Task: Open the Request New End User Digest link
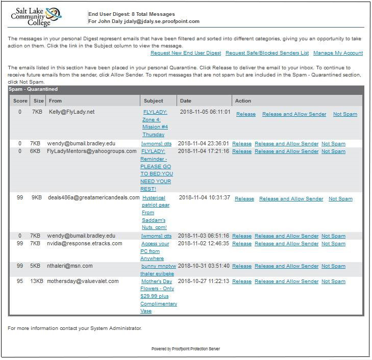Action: coord(186,53)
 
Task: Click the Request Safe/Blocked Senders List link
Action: coord(267,53)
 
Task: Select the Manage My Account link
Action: coord(338,53)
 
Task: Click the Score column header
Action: coord(20,101)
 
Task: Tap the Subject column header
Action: coord(154,101)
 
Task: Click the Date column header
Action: coord(185,101)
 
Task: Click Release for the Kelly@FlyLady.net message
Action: coord(245,114)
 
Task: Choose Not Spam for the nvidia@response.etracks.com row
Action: coord(333,244)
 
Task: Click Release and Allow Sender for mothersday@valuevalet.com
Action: coord(286,281)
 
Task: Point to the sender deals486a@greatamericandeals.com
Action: coord(93,197)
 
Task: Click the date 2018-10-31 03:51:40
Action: coord(204,266)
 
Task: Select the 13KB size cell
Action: coord(36,281)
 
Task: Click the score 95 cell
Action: coord(20,281)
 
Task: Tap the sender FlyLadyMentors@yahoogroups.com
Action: coord(92,151)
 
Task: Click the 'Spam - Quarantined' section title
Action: coord(33,89)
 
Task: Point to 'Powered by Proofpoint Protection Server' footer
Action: coord(186,349)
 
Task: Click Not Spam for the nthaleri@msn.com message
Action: coord(333,266)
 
